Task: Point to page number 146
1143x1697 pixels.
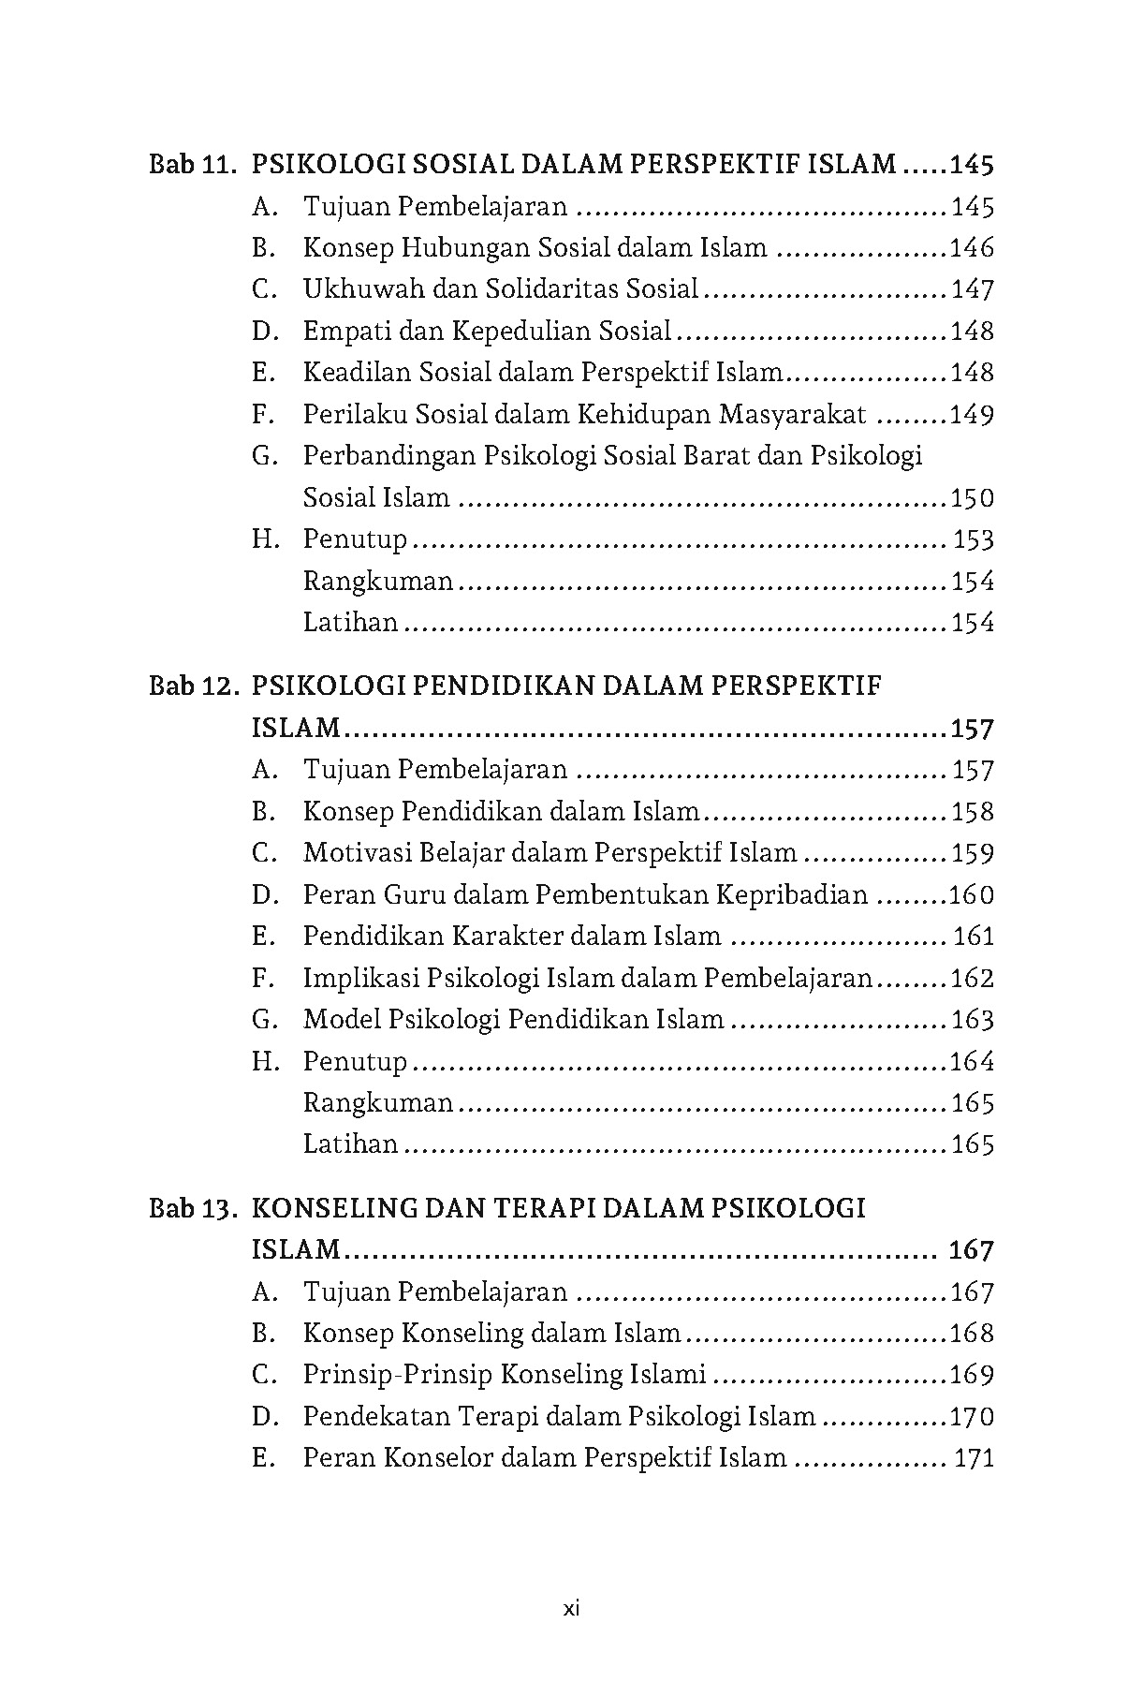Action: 972,248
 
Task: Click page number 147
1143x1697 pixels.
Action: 972,290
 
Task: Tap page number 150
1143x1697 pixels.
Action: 972,498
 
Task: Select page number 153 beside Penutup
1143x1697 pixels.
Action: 974,540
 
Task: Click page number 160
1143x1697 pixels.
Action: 972,895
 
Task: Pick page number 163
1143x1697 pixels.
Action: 972,1020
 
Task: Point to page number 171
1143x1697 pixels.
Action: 974,1458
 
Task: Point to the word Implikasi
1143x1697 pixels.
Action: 360,979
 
